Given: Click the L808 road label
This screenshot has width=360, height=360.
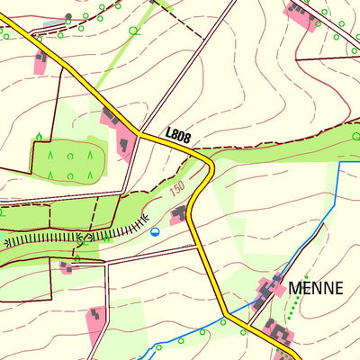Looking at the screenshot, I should coord(177,134).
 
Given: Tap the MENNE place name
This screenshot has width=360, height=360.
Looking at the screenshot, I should coord(316,289).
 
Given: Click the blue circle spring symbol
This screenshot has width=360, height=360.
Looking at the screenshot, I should coord(155,231).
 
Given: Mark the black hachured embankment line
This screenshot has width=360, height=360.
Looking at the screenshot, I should coord(81,237).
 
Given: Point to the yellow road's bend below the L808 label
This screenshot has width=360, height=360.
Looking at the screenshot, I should coord(210,171).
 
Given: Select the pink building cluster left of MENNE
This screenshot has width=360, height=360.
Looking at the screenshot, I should coord(267,292).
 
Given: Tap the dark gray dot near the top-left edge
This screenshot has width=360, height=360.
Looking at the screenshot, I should coord(68,16).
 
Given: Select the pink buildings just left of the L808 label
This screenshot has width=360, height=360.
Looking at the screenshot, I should coord(118,130).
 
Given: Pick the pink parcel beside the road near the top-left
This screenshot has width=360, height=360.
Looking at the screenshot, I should coord(40,62).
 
